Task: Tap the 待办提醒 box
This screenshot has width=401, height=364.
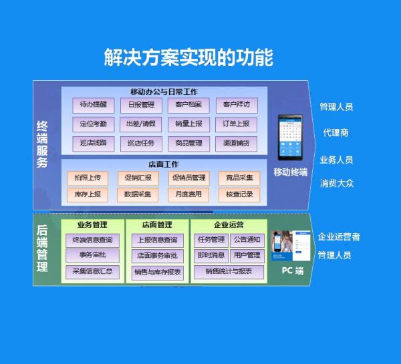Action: [x=93, y=105]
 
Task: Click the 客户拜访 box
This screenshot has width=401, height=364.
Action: [x=236, y=105]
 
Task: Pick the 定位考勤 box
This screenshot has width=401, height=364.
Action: [x=93, y=124]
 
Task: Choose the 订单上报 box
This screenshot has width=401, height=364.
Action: [x=236, y=124]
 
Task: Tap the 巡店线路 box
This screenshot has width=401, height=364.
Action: [x=93, y=143]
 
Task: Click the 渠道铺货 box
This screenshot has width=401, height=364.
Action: [x=236, y=143]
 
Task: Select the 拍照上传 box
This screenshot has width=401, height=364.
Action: [x=88, y=178]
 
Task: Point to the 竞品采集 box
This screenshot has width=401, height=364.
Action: [x=239, y=178]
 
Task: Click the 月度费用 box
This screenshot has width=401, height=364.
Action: [x=188, y=194]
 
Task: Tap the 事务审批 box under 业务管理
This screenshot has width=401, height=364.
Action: [x=92, y=255]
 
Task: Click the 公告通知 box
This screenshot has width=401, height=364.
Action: [x=247, y=239]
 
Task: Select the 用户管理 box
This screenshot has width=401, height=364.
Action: [x=247, y=255]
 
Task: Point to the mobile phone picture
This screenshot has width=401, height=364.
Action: [x=290, y=138]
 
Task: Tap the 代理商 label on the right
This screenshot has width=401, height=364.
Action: [x=336, y=133]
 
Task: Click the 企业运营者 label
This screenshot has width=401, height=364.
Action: [x=339, y=237]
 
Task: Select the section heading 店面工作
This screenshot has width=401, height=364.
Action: [x=163, y=164]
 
